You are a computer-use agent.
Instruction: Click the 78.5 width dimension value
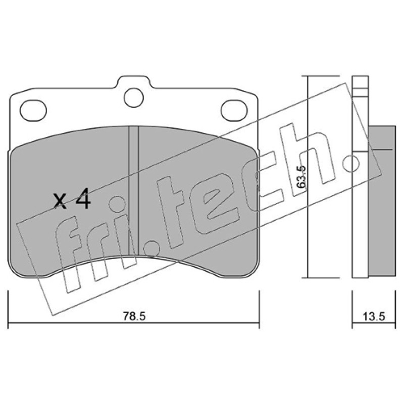[x=134, y=316]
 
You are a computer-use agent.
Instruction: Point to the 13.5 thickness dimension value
[x=374, y=317]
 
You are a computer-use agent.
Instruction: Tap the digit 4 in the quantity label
[x=82, y=198]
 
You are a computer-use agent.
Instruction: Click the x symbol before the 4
[x=60, y=201]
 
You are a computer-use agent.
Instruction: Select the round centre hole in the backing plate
[x=133, y=97]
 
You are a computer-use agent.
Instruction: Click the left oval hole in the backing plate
[x=33, y=110]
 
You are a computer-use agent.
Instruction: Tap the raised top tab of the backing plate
[x=133, y=82]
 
